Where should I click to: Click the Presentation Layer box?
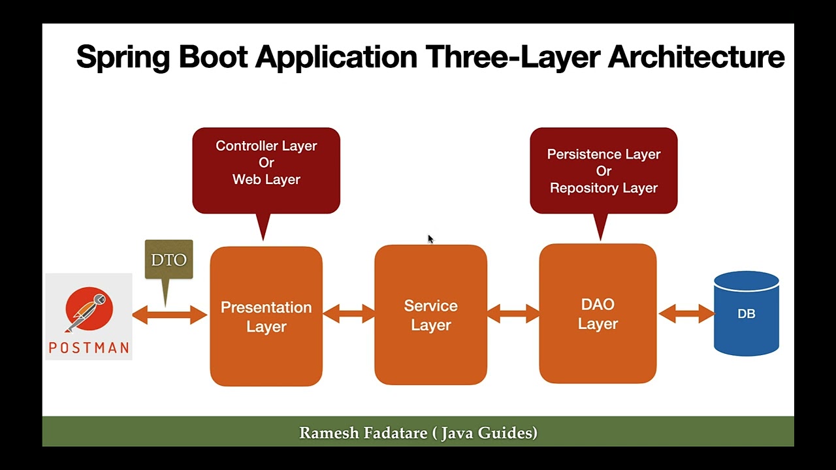(266, 317)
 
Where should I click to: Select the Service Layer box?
(430, 315)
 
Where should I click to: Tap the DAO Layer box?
(598, 314)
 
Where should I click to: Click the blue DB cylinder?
(746, 314)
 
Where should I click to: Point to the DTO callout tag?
(169, 260)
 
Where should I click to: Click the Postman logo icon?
(89, 311)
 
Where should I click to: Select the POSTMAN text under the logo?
(89, 348)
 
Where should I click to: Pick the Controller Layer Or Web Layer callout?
(266, 163)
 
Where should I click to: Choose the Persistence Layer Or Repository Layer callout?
(603, 171)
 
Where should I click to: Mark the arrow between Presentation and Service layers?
(349, 314)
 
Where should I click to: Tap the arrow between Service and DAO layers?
(513, 314)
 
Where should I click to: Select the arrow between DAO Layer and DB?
(686, 314)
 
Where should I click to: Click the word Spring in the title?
(123, 57)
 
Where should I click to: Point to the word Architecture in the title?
(696, 57)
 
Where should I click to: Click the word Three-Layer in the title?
(513, 57)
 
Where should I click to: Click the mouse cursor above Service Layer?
(430, 240)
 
